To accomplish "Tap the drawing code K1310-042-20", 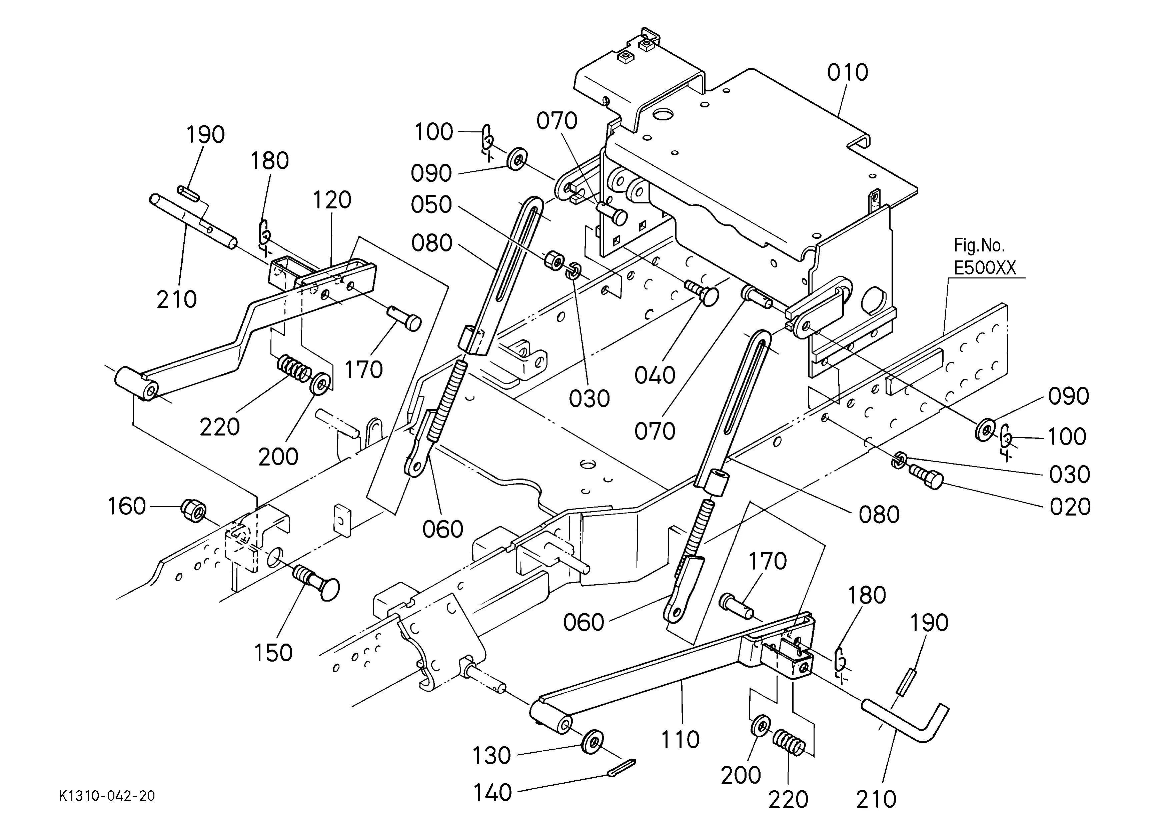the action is point(107,796).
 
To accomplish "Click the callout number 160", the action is point(127,506).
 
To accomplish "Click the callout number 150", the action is point(273,653).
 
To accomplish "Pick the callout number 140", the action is point(492,792).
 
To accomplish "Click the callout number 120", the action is point(332,200).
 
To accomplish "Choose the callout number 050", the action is point(431,205).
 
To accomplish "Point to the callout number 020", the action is point(1070,507).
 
